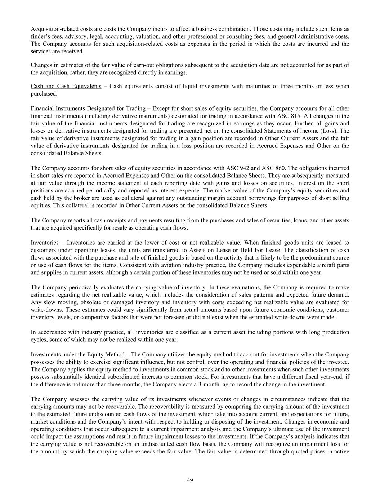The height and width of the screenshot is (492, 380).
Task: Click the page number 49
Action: click(190, 480)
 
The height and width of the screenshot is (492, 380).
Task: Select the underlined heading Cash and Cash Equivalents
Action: click(66, 86)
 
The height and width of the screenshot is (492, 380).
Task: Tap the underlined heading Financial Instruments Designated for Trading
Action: click(88, 108)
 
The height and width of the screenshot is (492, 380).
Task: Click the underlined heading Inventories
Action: click(44, 243)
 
